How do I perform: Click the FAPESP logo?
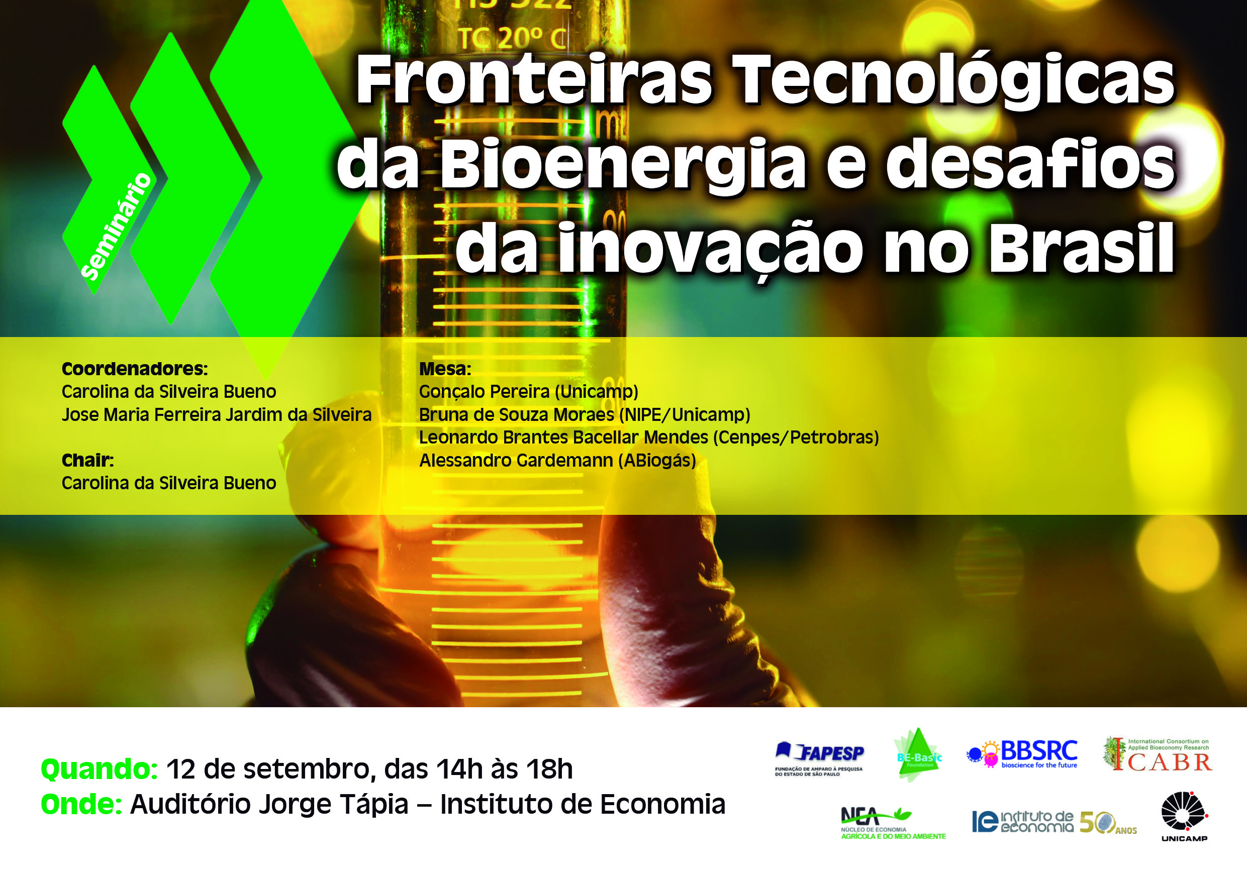click(x=820, y=758)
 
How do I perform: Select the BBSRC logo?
click(x=1022, y=754)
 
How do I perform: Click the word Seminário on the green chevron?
click(x=116, y=227)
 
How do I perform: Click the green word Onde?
click(x=81, y=805)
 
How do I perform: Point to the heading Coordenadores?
click(x=135, y=369)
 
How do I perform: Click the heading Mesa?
click(x=445, y=369)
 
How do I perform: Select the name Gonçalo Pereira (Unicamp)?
click(x=528, y=392)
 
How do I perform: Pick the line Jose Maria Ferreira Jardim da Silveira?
click(x=217, y=415)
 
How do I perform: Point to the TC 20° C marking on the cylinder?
click(x=512, y=39)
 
